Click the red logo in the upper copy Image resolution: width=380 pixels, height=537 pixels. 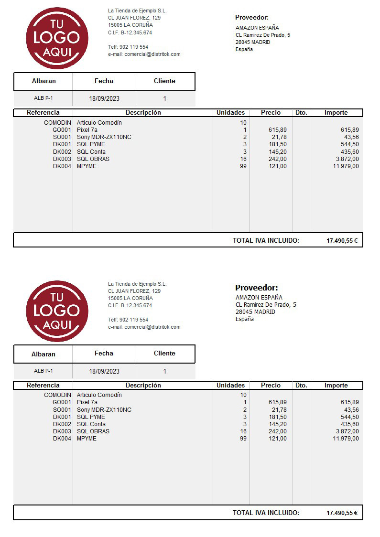(x=57, y=38)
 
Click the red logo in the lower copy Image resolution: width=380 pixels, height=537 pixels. (x=57, y=311)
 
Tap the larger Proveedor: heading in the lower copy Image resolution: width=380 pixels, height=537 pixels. (x=256, y=288)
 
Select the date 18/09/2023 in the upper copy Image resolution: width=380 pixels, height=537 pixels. (x=104, y=99)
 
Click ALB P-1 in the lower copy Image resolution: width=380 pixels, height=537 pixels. (x=43, y=371)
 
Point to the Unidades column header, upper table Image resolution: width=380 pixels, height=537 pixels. (x=230, y=113)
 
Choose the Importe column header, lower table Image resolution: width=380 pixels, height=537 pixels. (x=336, y=385)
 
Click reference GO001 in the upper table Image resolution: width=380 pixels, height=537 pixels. (x=62, y=130)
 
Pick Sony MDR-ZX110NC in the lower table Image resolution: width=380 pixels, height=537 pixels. (x=104, y=410)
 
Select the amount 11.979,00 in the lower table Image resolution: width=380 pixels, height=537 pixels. (x=346, y=439)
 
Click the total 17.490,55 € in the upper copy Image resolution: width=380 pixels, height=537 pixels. (x=342, y=241)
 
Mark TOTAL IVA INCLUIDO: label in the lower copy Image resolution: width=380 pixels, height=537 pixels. (x=266, y=513)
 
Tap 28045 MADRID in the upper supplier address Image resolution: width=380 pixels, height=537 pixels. (x=252, y=42)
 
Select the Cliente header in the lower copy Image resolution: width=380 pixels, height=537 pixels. (x=164, y=354)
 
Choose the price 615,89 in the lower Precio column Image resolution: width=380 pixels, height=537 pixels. (x=278, y=402)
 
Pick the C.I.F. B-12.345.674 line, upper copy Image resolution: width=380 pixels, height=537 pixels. (x=130, y=32)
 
